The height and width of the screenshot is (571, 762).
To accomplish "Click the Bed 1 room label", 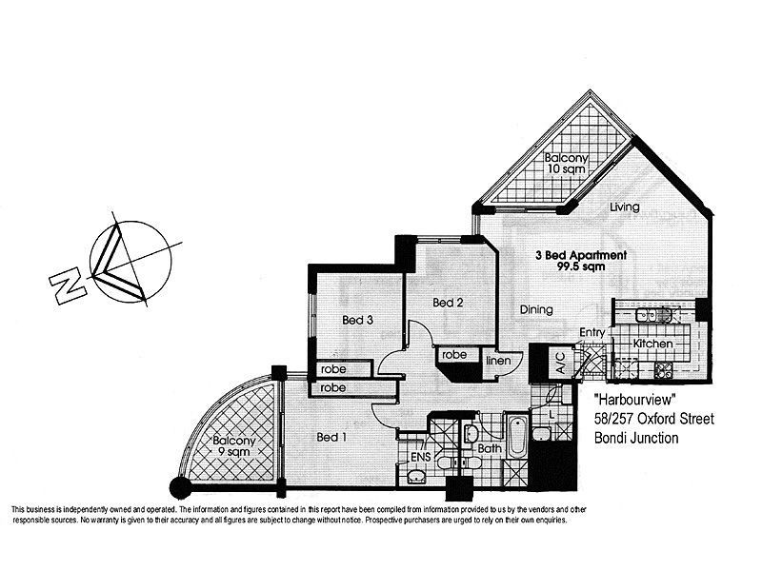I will coord(330,437).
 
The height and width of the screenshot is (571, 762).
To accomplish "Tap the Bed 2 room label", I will coord(447,303).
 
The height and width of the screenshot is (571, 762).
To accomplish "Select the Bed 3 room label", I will coord(358,321).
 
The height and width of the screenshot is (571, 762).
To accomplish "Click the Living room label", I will coord(624,207).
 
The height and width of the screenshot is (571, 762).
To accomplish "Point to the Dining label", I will coord(538,309).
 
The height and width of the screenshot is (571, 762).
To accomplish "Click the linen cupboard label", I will coord(500,361).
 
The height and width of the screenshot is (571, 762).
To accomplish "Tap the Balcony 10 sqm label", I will coord(565,163).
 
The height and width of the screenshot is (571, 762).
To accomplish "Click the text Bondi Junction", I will coord(636,439).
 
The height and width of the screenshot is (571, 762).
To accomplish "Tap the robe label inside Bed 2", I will coord(452,355).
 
